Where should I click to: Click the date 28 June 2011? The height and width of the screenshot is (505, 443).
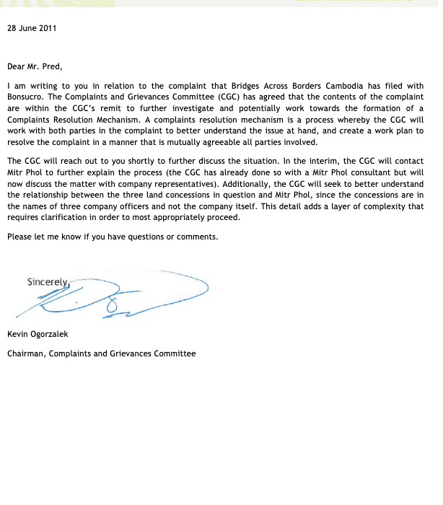32,29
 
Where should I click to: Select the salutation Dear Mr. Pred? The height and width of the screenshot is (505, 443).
35,66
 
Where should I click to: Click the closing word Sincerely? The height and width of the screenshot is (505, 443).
48,282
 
